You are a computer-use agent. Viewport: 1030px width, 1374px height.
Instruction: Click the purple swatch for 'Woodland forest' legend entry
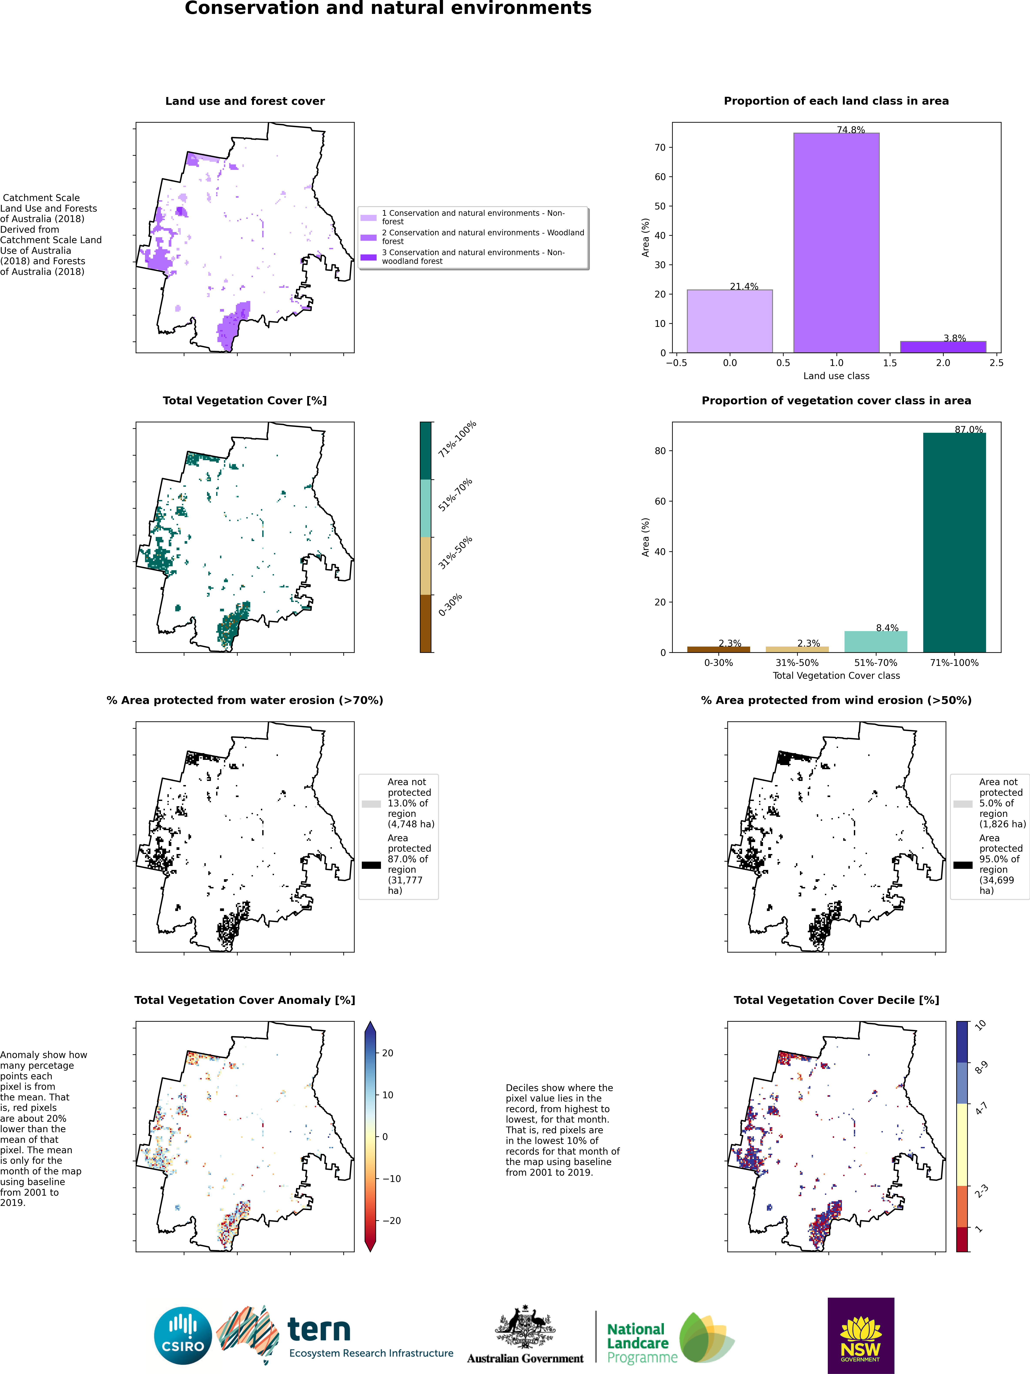click(x=368, y=237)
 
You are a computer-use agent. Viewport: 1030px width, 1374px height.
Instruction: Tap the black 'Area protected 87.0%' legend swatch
click(x=372, y=865)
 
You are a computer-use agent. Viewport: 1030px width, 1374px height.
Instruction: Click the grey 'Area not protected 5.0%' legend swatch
click(x=963, y=804)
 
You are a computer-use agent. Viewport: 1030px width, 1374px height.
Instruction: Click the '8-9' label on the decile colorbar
click(x=982, y=1068)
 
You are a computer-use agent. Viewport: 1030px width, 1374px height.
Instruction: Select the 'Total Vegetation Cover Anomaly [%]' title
click(x=245, y=1000)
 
